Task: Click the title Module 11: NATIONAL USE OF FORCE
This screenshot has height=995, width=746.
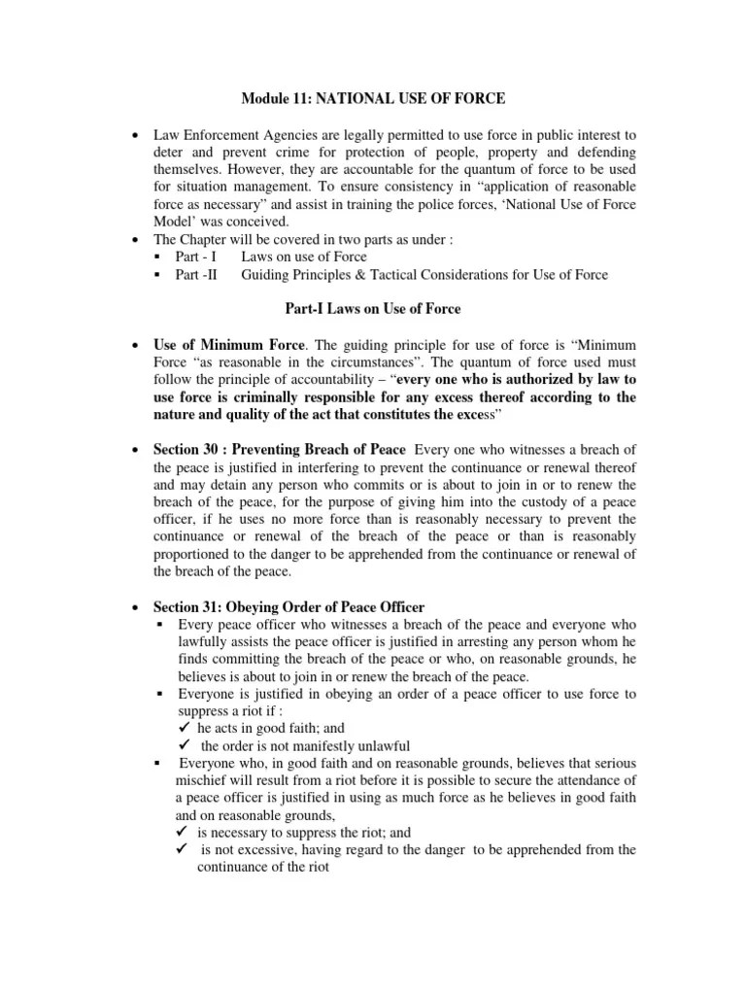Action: [373, 98]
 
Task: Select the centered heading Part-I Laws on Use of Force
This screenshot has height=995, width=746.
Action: [372, 309]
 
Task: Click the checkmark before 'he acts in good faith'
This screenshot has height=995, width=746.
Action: [186, 728]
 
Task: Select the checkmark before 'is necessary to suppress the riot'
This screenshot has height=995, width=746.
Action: [186, 833]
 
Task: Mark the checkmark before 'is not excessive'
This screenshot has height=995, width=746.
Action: [186, 850]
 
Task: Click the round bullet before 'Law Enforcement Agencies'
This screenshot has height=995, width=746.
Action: [133, 134]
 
